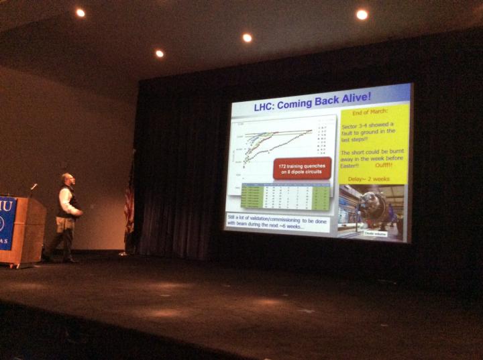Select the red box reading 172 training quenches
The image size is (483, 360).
point(302,167)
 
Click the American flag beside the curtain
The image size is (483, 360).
point(129,201)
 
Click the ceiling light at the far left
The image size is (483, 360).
point(80,12)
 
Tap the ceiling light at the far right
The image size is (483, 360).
point(362,14)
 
